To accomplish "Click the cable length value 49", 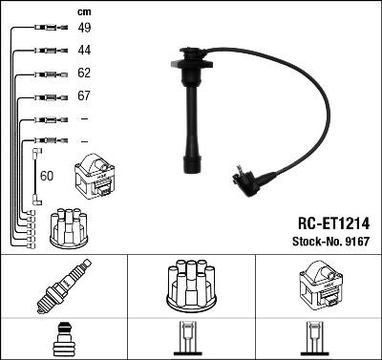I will click(x=84, y=27).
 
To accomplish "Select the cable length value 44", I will click(x=84, y=50).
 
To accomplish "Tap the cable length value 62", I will click(x=84, y=74).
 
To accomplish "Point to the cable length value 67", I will click(x=84, y=97).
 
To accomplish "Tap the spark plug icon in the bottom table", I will click(x=64, y=288).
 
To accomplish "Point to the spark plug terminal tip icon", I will click(x=64, y=339).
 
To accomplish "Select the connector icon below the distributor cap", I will click(x=191, y=339).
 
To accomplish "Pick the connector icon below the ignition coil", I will click(x=318, y=339).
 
